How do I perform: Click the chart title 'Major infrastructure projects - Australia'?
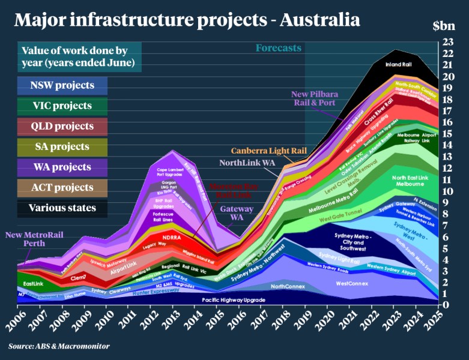click(187, 20)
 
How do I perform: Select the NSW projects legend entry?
click(62, 85)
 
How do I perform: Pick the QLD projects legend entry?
click(62, 126)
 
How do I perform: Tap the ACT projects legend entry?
click(62, 187)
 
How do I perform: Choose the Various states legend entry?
click(62, 208)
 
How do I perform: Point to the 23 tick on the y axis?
click(447, 42)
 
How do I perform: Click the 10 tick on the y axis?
click(447, 191)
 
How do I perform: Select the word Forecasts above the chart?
click(279, 48)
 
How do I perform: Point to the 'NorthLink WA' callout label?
click(247, 163)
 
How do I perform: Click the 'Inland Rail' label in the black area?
click(398, 63)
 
